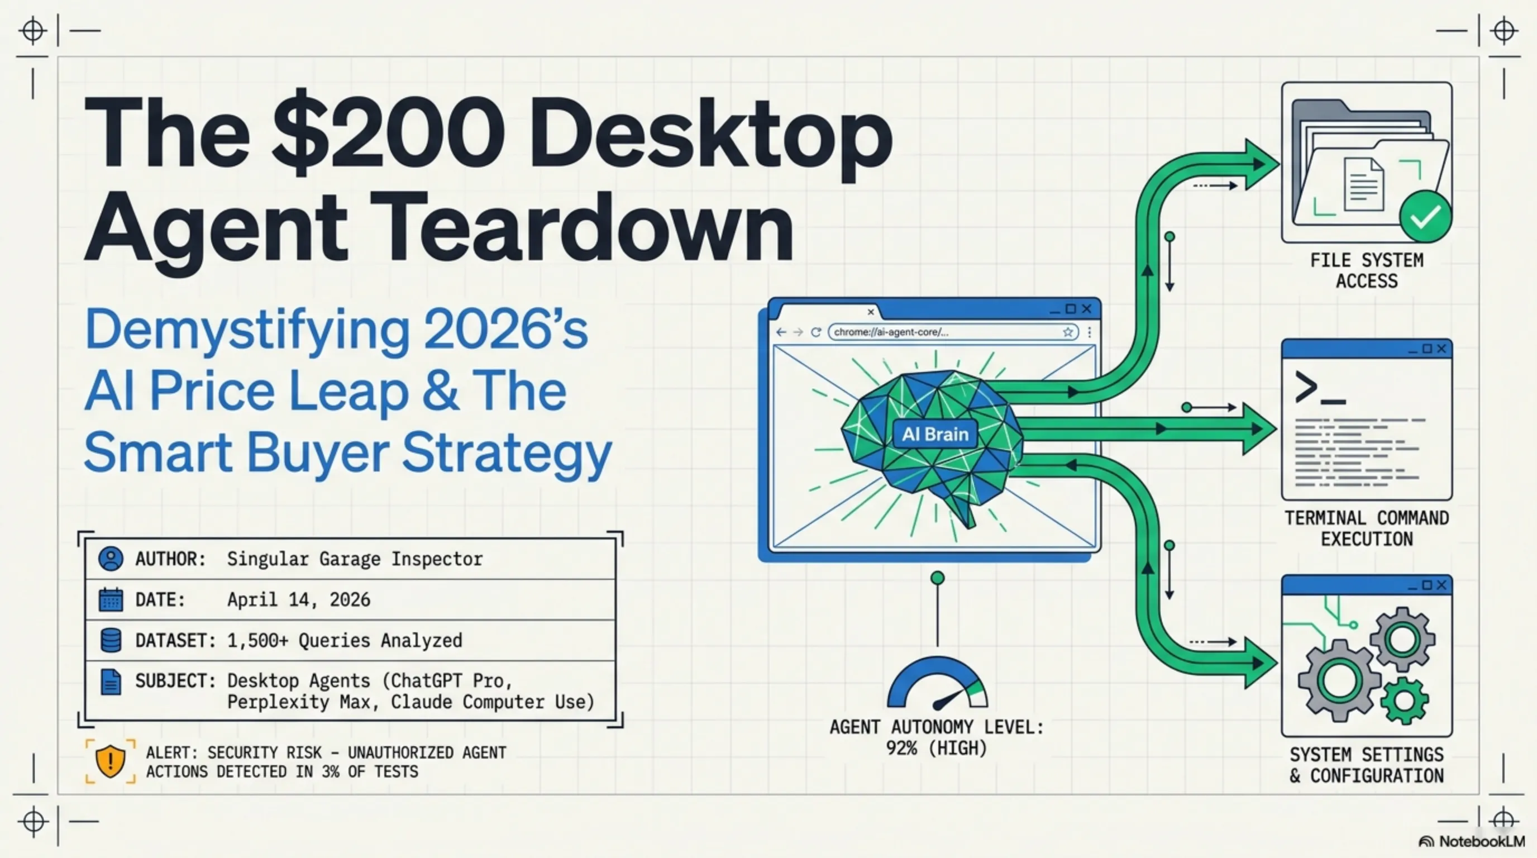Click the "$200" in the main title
[x=388, y=133]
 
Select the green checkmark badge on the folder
[x=1425, y=217]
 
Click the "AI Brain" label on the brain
[x=935, y=434]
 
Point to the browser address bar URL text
[x=891, y=332]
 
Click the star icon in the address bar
[x=1067, y=332]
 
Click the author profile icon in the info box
[x=111, y=559]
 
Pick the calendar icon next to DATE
[x=111, y=599]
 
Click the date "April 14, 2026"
[x=298, y=599]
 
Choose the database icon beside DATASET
[x=111, y=640]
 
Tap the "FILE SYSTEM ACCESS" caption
[x=1366, y=270]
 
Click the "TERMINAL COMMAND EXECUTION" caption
[x=1366, y=528]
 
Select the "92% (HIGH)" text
[x=936, y=747]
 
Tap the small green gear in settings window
[x=1404, y=701]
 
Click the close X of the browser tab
[x=871, y=312]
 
